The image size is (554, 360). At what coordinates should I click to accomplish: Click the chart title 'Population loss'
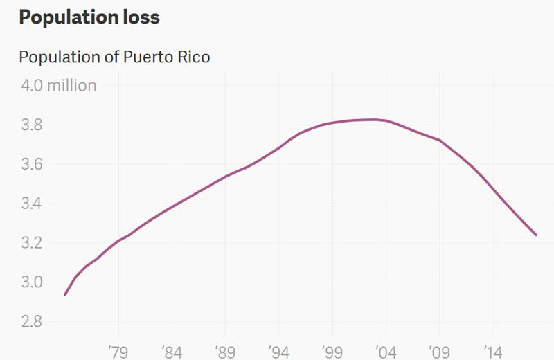[x=89, y=18]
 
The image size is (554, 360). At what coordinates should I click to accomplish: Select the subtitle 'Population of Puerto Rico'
[x=114, y=57]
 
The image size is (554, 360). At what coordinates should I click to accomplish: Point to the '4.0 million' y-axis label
[x=58, y=86]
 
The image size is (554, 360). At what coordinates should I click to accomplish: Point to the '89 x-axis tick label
[x=225, y=351]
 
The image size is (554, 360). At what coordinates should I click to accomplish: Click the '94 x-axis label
[x=278, y=351]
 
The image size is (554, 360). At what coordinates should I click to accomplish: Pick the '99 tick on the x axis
[x=332, y=351]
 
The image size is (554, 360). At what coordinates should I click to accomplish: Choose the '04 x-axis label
[x=385, y=351]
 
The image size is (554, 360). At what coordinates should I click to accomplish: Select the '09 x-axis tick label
[x=438, y=351]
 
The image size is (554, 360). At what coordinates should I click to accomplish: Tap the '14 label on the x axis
[x=492, y=351]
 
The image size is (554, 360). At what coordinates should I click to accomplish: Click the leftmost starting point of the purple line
[x=64, y=295]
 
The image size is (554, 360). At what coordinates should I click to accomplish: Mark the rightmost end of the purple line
[x=536, y=235]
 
